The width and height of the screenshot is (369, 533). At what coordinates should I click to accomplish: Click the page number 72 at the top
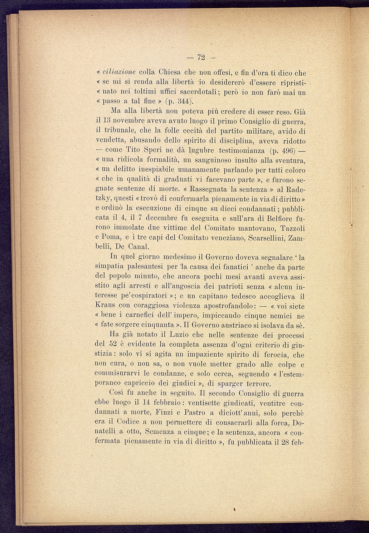click(201, 58)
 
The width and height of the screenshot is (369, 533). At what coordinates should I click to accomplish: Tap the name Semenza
click(155, 432)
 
